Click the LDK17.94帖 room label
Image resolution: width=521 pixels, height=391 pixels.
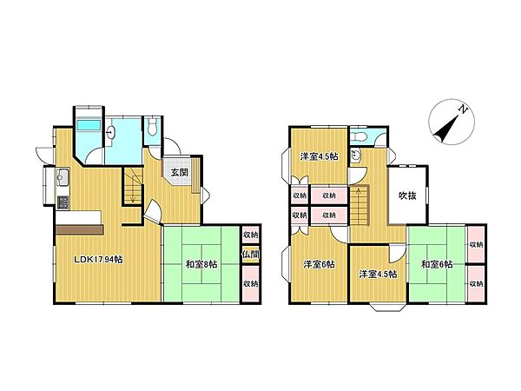coord(98,259)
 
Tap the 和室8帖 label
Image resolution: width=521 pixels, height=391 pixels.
coord(201,264)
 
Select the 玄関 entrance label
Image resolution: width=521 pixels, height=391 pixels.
coord(180,172)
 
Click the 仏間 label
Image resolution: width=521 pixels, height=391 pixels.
coord(251,255)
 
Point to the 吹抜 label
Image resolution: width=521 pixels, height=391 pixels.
coord(407,195)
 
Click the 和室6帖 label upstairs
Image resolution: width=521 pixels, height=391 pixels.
coord(437,264)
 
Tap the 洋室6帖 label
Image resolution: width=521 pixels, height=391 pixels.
coord(319,264)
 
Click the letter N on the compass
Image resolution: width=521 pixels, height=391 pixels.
coord(463,109)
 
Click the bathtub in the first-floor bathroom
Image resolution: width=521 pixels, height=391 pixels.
coord(89,125)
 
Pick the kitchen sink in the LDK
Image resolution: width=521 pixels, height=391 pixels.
coord(63,176)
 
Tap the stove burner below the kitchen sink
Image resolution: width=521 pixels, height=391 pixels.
coord(63,202)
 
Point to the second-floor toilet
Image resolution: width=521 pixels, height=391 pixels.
coord(360,136)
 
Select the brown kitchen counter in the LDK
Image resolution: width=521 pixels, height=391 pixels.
coord(80,229)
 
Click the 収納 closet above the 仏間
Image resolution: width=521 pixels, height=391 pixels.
coord(251,235)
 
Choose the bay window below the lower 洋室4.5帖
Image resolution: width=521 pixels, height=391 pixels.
coord(388,308)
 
